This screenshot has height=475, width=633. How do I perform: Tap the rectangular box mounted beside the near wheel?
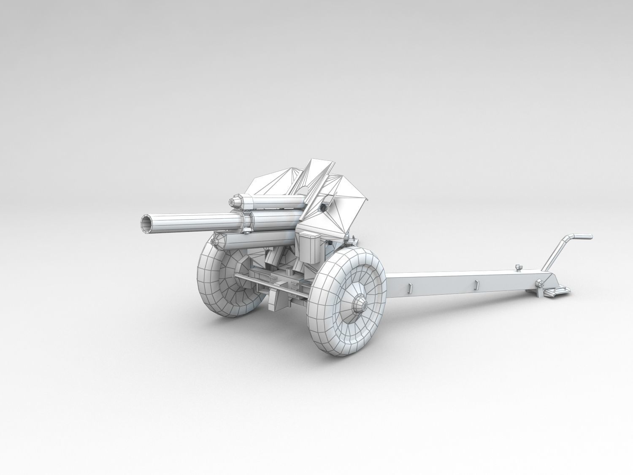click(310, 246)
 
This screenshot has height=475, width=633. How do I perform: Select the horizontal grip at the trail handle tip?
click(583, 236)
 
